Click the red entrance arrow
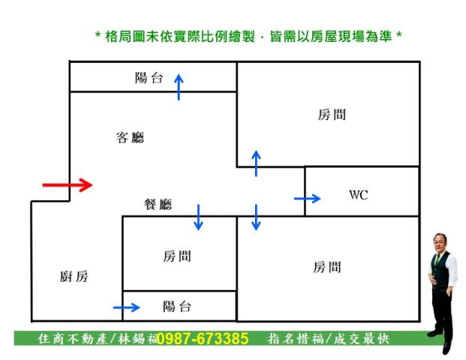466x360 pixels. click(x=67, y=184)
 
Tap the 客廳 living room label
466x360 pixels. click(x=130, y=137)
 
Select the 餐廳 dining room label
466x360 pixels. click(x=158, y=204)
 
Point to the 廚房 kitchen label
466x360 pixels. click(x=74, y=277)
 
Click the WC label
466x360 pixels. click(x=359, y=195)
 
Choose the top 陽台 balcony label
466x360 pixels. click(x=149, y=77)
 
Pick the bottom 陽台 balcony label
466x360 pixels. click(x=177, y=306)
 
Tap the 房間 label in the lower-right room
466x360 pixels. click(x=327, y=267)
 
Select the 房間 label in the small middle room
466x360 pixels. click(x=177, y=256)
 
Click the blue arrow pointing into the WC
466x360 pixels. click(x=307, y=198)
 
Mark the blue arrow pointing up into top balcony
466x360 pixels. click(x=179, y=86)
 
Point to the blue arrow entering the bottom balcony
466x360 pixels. click(x=126, y=307)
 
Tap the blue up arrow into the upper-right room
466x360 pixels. click(x=256, y=163)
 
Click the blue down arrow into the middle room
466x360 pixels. click(x=198, y=217)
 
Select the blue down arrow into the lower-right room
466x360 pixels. click(x=256, y=217)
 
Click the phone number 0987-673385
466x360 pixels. click(x=203, y=339)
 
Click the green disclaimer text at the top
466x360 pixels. click(x=248, y=36)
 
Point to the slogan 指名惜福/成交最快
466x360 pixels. click(x=329, y=339)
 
